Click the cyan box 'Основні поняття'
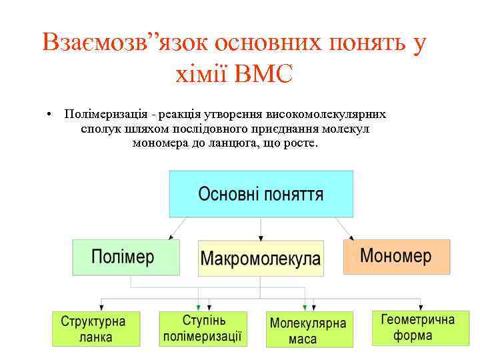click(x=261, y=193)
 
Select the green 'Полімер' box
click(x=126, y=257)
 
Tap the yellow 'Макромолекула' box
click(x=261, y=258)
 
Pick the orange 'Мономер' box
click(x=396, y=257)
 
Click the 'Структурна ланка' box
click(x=97, y=329)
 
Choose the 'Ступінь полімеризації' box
click(x=203, y=328)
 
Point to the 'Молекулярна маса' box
click(x=309, y=329)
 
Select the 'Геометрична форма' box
click(x=413, y=327)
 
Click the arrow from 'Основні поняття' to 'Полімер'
click(x=175, y=228)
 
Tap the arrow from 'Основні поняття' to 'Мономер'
click(x=347, y=228)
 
